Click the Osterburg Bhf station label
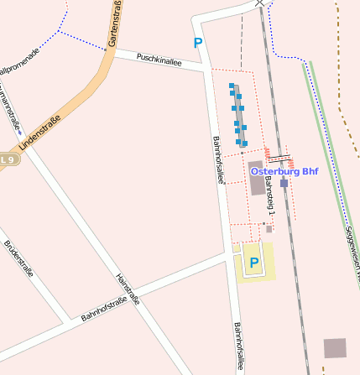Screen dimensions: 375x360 [284, 172]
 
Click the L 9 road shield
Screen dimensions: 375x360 [8, 159]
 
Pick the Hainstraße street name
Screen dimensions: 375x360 [127, 277]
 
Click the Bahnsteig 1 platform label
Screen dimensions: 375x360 [269, 194]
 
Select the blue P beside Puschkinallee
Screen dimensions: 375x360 [198, 43]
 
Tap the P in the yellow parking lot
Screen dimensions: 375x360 [253, 263]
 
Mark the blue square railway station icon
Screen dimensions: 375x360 [284, 182]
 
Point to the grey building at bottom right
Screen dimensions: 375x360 [335, 348]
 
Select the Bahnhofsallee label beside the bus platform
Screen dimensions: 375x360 [219, 159]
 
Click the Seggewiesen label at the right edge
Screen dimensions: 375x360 [352, 252]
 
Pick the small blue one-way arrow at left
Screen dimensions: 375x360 [18, 129]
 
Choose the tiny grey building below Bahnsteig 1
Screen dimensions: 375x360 [269, 227]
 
